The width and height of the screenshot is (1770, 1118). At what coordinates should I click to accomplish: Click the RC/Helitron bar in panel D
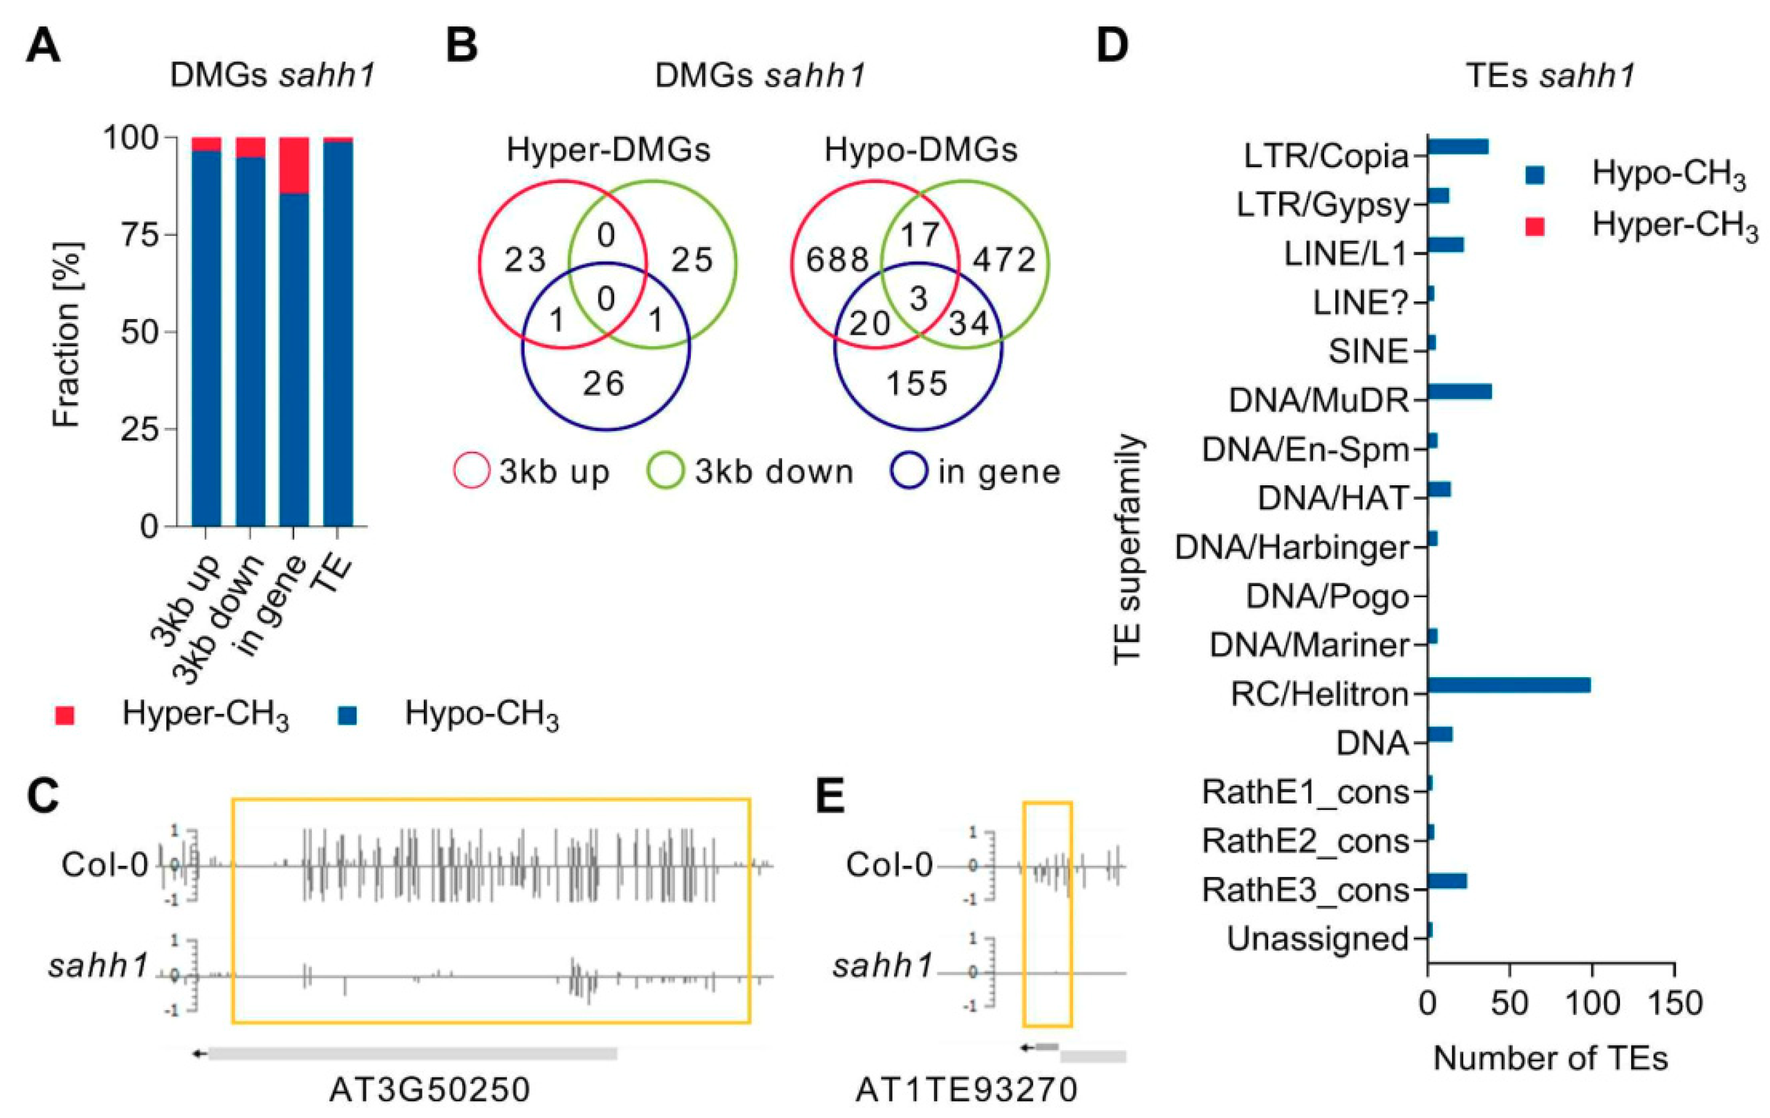[x=1508, y=685]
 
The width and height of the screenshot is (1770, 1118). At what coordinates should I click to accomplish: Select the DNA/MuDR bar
[x=1459, y=392]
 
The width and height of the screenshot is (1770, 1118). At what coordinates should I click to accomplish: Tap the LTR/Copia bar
[x=1458, y=147]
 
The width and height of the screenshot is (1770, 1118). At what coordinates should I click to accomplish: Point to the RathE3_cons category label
[x=1305, y=890]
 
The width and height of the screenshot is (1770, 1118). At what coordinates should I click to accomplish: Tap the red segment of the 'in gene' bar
[x=294, y=165]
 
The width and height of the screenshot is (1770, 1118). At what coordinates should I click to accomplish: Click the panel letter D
[x=1112, y=45]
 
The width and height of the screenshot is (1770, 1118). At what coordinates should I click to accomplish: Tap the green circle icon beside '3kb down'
[x=665, y=472]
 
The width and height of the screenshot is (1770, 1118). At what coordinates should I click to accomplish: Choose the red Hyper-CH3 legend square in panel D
[x=1535, y=226]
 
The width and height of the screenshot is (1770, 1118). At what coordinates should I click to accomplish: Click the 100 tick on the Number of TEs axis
[x=1592, y=1004]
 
